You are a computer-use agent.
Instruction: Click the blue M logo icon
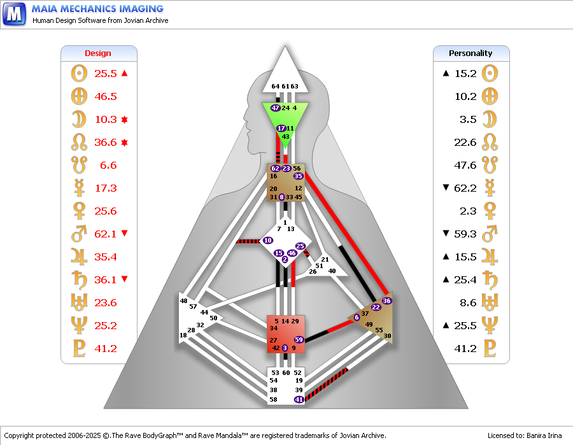click(x=14, y=14)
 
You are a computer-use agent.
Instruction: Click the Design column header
click(x=98, y=53)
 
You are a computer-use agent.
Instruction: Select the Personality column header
click(x=470, y=53)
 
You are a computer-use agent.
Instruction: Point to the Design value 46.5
click(x=106, y=97)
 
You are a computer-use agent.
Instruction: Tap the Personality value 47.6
click(x=465, y=165)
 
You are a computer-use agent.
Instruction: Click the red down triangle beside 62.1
click(x=125, y=233)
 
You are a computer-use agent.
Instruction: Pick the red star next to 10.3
click(x=125, y=120)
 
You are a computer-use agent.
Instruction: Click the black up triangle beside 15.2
click(x=446, y=73)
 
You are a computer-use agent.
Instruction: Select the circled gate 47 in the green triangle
click(x=276, y=108)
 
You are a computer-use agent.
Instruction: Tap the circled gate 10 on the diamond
click(x=268, y=241)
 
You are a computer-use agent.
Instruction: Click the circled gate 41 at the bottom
click(x=299, y=399)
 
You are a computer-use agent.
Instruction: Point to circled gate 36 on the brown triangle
click(x=386, y=300)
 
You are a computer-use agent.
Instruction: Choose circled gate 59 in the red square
click(x=299, y=339)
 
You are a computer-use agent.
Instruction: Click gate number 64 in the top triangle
click(x=276, y=86)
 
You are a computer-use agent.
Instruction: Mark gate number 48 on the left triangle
click(x=183, y=300)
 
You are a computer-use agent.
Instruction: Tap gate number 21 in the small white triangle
click(x=325, y=259)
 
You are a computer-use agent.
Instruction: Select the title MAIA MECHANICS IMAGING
click(x=97, y=9)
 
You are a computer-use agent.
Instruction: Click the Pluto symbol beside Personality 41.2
click(x=490, y=348)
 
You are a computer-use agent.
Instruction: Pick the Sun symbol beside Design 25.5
click(x=80, y=73)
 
